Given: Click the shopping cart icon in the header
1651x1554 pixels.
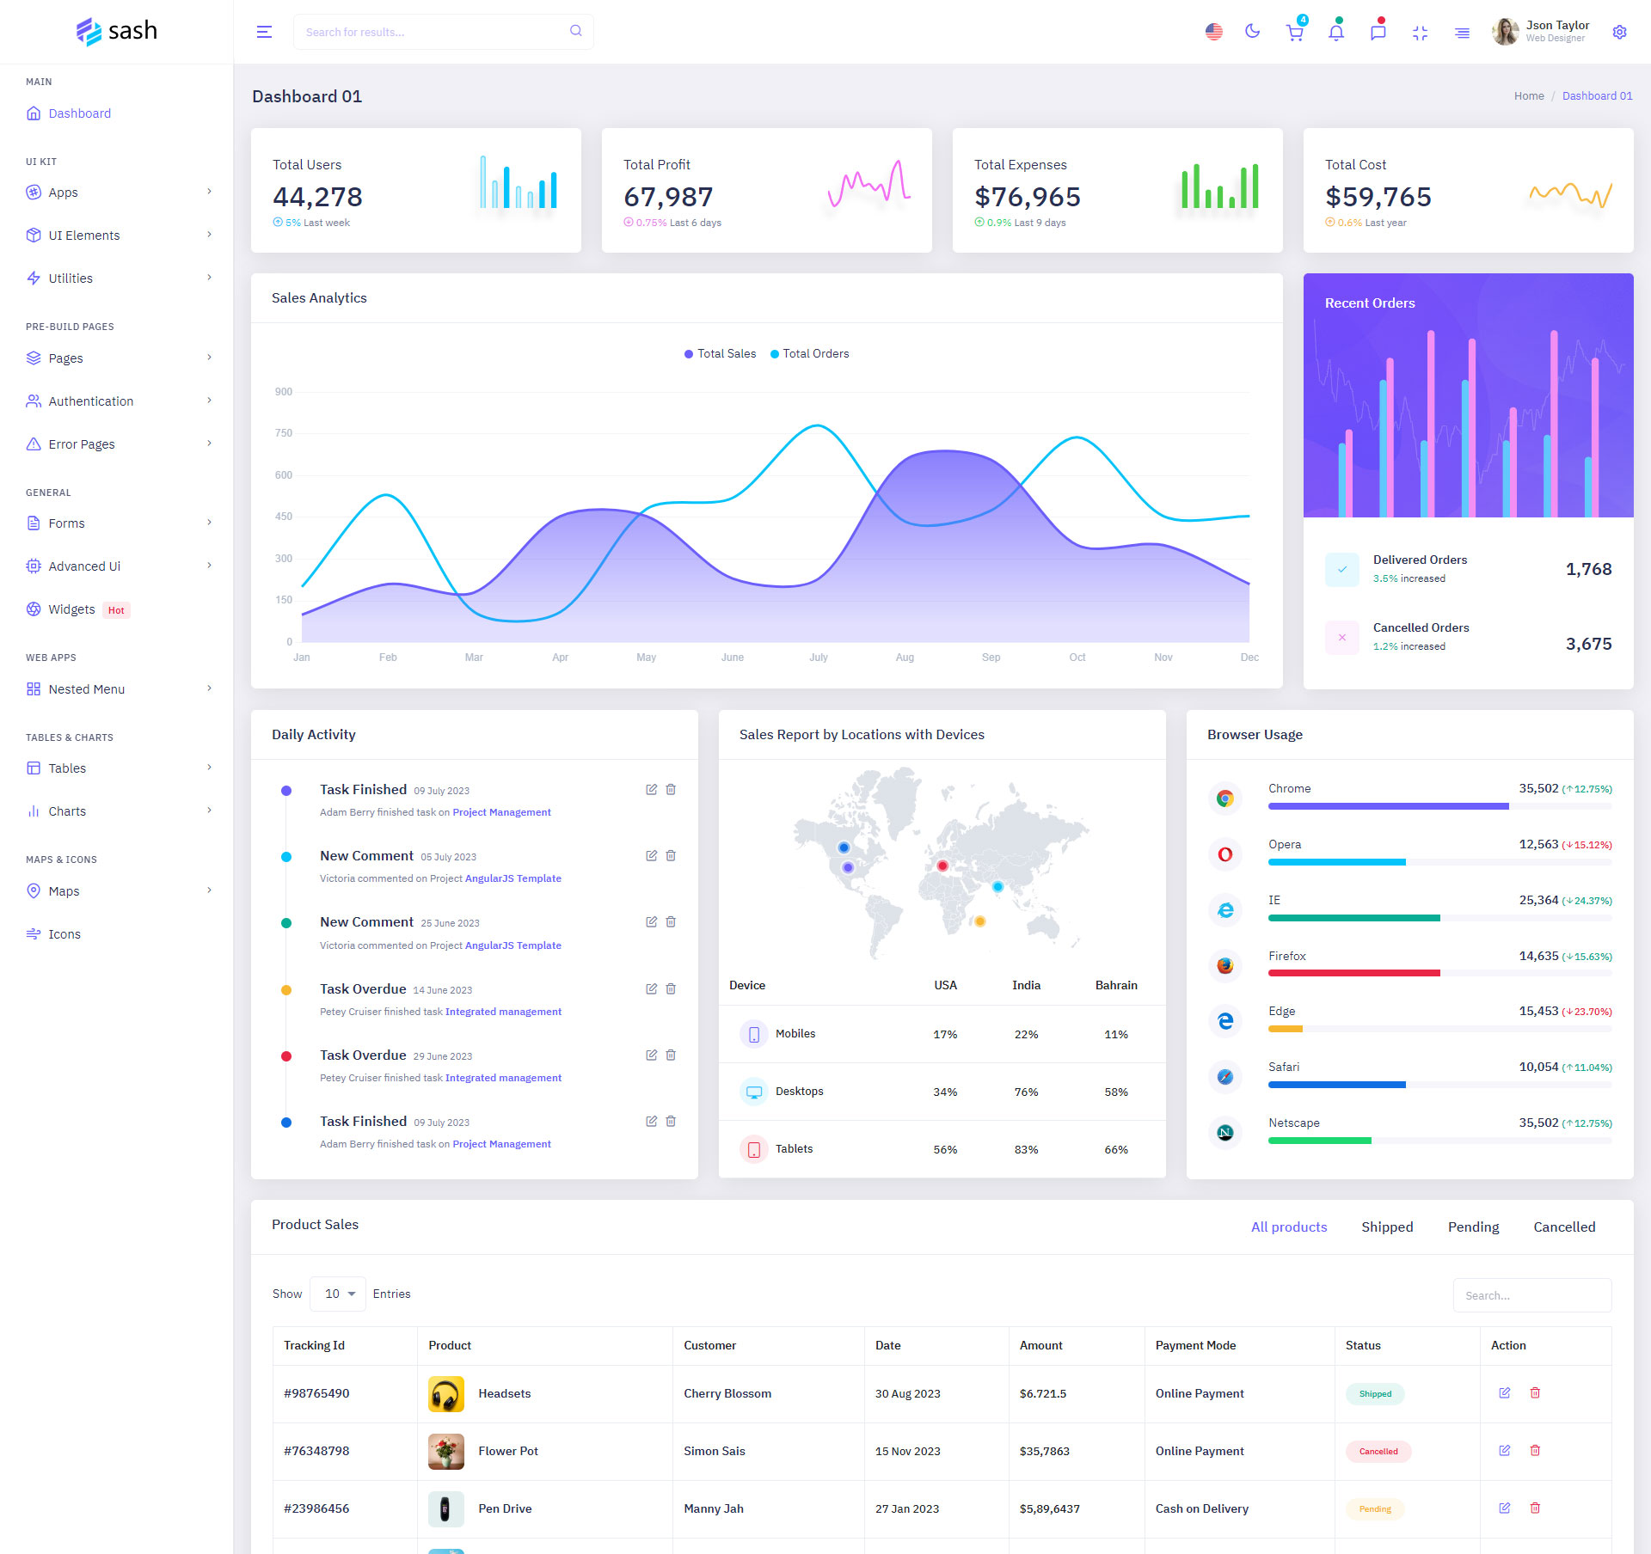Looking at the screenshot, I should pos(1294,33).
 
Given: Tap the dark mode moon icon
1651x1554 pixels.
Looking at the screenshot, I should pos(1253,32).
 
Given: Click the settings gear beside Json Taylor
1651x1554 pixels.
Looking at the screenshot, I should pos(1619,32).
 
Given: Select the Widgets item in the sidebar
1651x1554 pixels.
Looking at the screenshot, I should pos(71,609).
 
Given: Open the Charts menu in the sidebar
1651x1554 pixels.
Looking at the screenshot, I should pos(67,811).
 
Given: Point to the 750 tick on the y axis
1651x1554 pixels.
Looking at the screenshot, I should pos(284,433).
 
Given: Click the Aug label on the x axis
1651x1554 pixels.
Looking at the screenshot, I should pos(905,658).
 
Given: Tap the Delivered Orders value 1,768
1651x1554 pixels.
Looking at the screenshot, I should pos(1588,569).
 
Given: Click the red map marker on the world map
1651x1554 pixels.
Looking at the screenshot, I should pos(942,866).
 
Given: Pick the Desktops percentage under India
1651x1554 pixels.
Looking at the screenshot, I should pos(1026,1092).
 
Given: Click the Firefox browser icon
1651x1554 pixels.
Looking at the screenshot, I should pos(1225,965).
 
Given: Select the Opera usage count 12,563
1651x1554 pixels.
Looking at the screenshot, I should pos(1538,844).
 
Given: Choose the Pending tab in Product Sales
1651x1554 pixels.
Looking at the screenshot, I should pos(1473,1227).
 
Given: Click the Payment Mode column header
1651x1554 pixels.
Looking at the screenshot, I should pos(1195,1345).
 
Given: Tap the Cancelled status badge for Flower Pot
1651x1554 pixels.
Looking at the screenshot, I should pos(1378,1452).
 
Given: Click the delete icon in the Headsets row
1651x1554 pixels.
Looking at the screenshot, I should pos(1535,1393).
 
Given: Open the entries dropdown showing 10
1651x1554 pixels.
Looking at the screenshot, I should pos(338,1294).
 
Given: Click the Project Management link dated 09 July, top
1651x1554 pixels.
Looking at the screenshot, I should pos(501,812).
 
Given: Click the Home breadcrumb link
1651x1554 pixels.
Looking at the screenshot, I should pos(1529,96).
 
